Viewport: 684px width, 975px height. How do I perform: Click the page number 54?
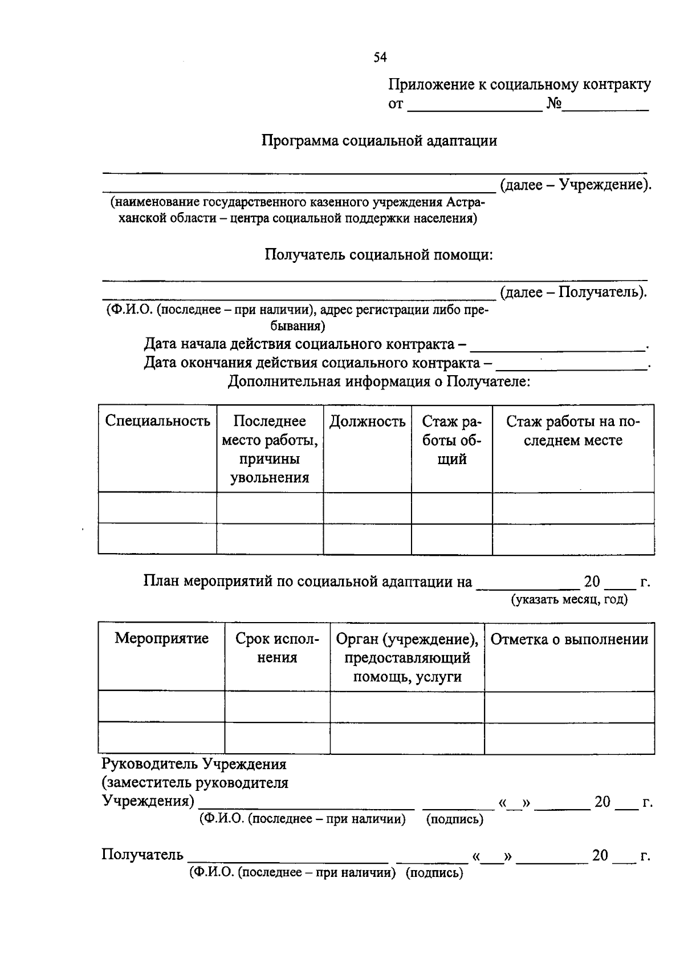[x=380, y=57]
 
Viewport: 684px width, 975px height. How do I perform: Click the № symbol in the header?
[x=554, y=104]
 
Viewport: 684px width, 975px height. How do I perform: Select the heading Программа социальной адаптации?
[x=379, y=141]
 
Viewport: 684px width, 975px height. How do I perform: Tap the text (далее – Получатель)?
[x=573, y=292]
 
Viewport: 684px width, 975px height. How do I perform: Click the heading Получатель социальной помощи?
[x=379, y=255]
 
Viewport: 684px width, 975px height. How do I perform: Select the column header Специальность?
[x=157, y=421]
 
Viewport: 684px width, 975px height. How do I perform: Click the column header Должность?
[x=367, y=422]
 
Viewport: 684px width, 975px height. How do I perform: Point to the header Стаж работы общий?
[x=451, y=440]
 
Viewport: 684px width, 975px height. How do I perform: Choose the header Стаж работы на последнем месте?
[x=573, y=431]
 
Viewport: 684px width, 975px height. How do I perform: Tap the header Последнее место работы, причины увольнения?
[x=270, y=449]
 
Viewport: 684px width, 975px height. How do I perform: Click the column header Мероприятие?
[x=161, y=638]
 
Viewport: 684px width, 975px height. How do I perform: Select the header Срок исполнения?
[x=277, y=648]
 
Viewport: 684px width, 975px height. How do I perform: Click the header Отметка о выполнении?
[x=569, y=639]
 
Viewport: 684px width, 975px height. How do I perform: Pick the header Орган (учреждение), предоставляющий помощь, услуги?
[x=407, y=658]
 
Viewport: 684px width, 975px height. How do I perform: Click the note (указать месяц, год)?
[x=569, y=600]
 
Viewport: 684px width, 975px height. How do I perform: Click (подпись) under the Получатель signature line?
[x=434, y=873]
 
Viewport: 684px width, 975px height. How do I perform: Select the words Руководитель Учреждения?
[x=194, y=764]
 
